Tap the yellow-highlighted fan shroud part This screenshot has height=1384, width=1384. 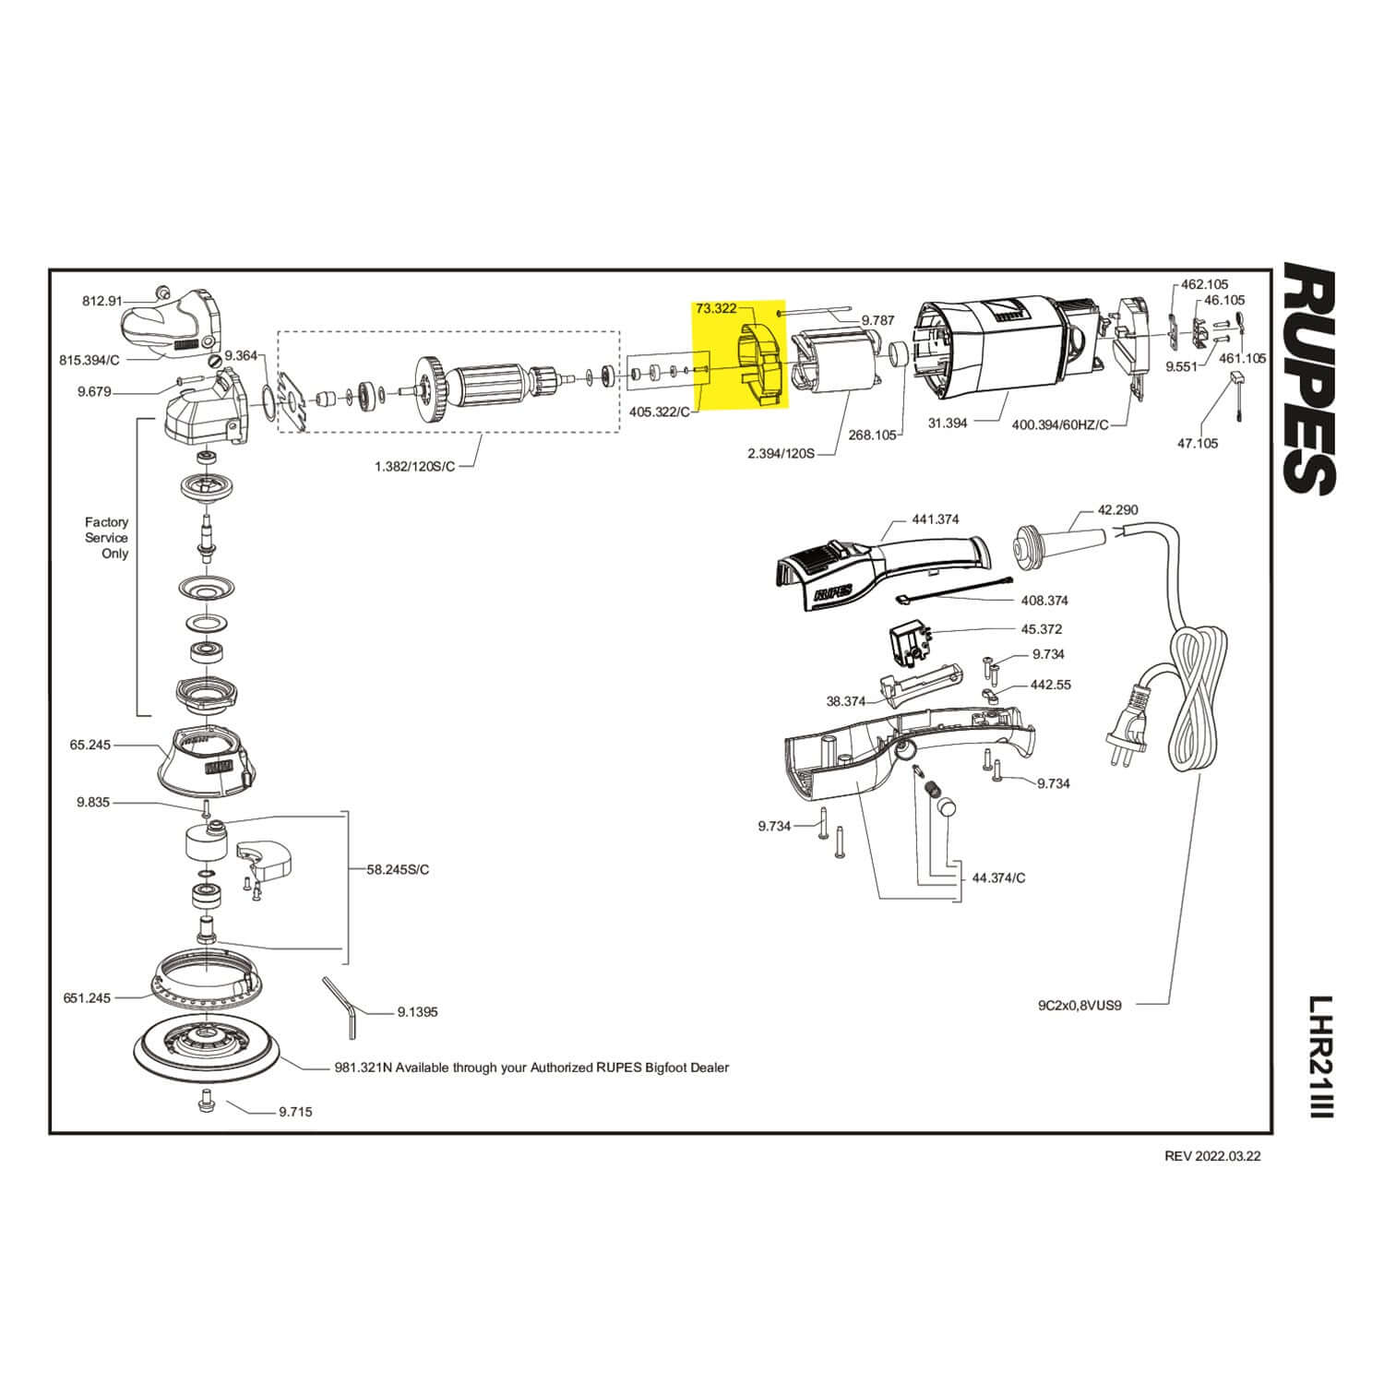[x=760, y=364]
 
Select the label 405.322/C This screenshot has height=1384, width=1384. [x=659, y=412]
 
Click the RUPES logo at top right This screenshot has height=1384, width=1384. [x=1309, y=379]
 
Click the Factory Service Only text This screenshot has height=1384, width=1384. [x=107, y=538]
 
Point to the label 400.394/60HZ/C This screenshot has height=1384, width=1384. [x=1060, y=424]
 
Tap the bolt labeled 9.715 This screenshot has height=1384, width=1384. [x=206, y=1101]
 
